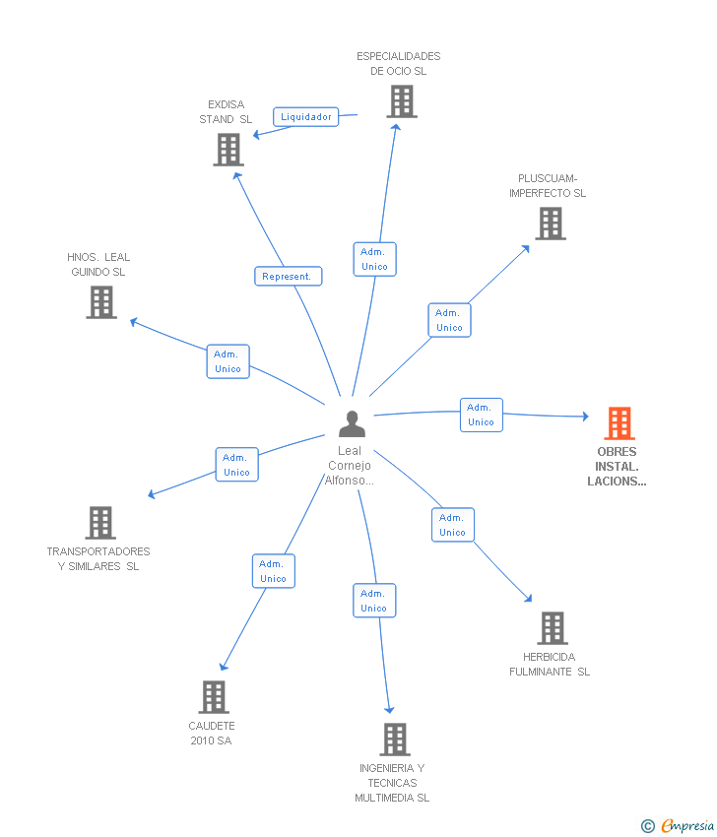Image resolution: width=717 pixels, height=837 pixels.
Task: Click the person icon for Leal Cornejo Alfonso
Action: (352, 423)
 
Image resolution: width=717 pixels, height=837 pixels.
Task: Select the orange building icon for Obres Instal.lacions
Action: (619, 423)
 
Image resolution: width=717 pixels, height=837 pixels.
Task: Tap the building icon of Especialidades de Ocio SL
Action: (401, 101)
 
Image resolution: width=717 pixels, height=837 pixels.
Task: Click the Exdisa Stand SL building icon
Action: (228, 150)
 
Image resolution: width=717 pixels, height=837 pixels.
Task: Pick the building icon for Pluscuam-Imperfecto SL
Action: (551, 224)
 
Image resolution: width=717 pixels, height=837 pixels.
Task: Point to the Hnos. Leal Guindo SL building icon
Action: (101, 302)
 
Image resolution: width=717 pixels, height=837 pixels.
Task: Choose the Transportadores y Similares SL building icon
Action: (100, 523)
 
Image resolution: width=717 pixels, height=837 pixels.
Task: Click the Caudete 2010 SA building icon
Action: (213, 697)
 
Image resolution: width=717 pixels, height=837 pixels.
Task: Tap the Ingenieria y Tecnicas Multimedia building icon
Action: (394, 740)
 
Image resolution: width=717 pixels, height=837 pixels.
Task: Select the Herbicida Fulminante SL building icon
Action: (553, 628)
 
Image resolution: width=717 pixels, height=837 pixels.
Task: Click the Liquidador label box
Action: (305, 117)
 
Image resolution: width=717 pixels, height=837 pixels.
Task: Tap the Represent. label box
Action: (287, 277)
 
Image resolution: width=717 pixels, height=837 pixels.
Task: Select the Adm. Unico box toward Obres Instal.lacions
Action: (481, 415)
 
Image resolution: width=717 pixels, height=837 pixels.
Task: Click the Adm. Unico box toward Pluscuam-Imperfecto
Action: (449, 320)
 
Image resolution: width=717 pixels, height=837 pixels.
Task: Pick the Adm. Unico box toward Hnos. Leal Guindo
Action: (228, 361)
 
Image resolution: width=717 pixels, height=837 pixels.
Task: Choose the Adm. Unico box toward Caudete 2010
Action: (273, 571)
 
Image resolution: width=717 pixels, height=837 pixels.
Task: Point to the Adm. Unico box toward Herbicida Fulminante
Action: (452, 525)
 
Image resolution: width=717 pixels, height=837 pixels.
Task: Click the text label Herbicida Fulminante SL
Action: (549, 665)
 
